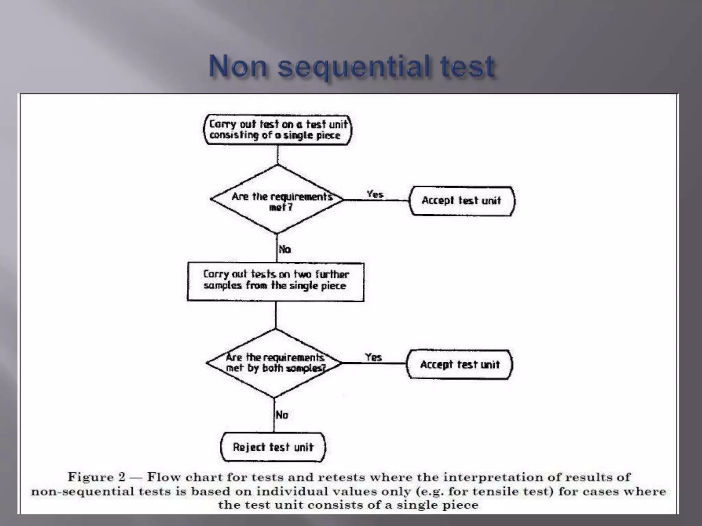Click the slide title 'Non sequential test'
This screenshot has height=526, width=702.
tap(352, 66)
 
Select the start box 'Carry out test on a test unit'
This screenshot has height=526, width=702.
tap(278, 130)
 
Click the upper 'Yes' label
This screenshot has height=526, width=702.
tap(375, 195)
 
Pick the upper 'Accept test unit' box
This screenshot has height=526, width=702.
tap(461, 201)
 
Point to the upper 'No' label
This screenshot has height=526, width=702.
tap(285, 249)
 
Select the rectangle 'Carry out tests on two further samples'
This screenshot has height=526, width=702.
tap(276, 282)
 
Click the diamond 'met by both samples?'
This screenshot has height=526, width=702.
tap(275, 363)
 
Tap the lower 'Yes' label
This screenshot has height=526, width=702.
tap(373, 358)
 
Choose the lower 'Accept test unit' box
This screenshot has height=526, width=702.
tap(459, 364)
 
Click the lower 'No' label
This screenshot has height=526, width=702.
tap(282, 415)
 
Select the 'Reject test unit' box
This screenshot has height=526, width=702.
tap(273, 447)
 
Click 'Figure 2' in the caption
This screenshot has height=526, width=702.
tap(96, 477)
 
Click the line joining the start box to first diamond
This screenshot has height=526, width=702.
tap(278, 155)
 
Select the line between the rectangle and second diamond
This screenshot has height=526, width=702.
tap(276, 315)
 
